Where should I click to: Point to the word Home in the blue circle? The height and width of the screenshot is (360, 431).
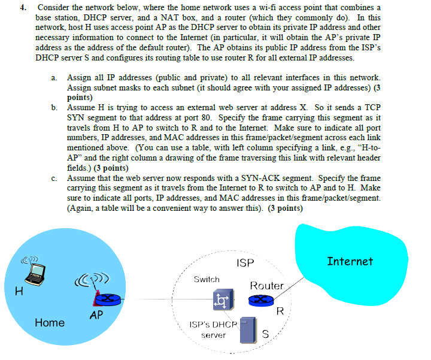tap(50, 323)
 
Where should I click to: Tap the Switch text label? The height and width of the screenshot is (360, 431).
tap(207, 280)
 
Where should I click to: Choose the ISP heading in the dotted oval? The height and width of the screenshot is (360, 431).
tap(245, 263)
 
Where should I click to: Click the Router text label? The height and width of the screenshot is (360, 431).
tap(266, 286)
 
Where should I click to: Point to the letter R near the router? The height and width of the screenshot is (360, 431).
tap(279, 311)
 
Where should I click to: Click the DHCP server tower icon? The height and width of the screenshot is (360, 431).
tap(248, 330)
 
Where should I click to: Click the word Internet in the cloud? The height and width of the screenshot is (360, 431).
tap(350, 261)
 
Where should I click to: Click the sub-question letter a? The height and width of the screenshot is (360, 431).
tap(54, 78)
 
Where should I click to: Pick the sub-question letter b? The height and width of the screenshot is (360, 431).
tap(54, 107)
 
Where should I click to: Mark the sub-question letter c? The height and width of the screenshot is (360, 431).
tap(54, 179)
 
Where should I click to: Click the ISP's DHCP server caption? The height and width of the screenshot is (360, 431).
tap(213, 329)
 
